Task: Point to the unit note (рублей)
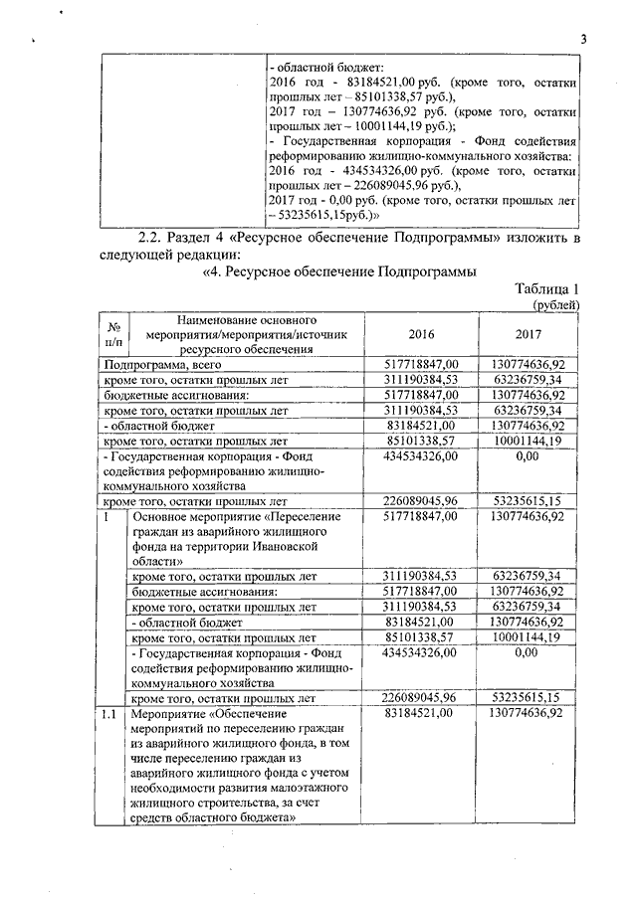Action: (557, 305)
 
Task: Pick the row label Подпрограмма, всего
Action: (166, 367)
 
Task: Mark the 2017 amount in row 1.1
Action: (528, 713)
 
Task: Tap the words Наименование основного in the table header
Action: (247, 320)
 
